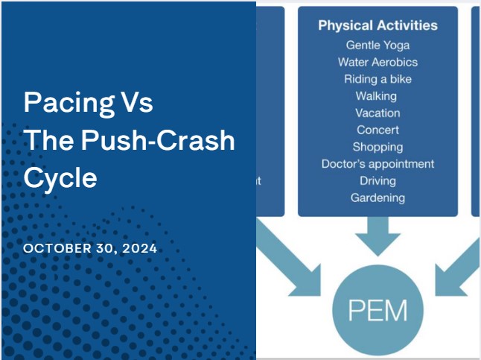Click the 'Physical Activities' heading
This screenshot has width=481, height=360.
[378, 25]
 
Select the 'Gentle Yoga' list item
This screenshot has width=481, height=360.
[378, 45]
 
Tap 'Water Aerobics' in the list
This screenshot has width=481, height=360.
[378, 62]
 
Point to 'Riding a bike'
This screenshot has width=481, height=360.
[378, 79]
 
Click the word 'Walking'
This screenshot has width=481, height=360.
[376, 96]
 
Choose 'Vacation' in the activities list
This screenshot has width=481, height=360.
[378, 113]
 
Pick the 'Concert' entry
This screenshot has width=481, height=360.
[378, 130]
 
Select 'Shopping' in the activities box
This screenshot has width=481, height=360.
[378, 147]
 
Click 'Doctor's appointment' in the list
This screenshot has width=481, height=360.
[378, 164]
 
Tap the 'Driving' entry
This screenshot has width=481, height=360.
[378, 181]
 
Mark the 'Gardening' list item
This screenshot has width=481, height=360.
[378, 198]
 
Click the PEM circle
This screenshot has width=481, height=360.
[378, 310]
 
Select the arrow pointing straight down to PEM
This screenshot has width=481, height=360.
[378, 236]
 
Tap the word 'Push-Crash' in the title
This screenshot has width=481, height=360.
[158, 140]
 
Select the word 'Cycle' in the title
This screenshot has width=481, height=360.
[60, 178]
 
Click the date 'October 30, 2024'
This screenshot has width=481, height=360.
[90, 248]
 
